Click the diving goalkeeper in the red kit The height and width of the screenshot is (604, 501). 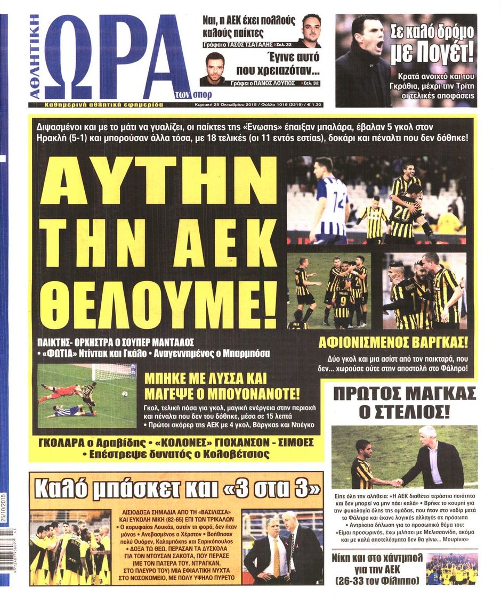point(59,392)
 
